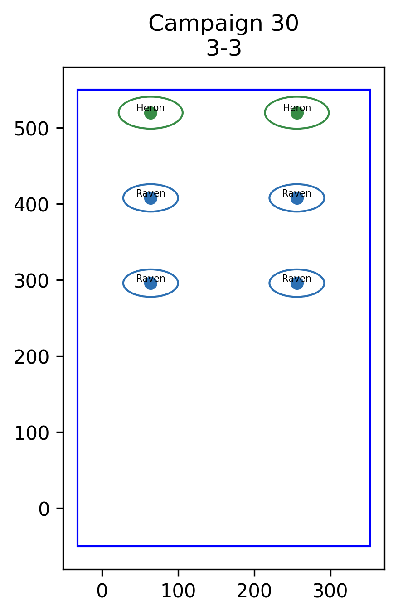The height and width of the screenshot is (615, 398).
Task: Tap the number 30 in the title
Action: pos(285,23)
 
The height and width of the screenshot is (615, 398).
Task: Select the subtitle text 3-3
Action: pos(224,48)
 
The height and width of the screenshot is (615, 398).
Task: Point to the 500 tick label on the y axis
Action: pos(32,129)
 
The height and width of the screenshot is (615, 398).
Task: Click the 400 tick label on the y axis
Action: pos(32,205)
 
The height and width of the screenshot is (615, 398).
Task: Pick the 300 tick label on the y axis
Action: pos(32,281)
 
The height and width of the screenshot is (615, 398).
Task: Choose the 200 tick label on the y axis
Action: pos(32,357)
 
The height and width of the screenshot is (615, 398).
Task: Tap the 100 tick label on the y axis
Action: pos(32,433)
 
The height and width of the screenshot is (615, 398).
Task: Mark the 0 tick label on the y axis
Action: pos(44,509)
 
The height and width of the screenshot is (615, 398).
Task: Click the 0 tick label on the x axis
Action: pos(102,591)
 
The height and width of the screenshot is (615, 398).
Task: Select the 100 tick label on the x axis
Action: pos(178,591)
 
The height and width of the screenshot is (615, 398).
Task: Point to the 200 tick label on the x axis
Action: pos(254,591)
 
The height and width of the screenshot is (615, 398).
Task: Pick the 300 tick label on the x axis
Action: pos(330,591)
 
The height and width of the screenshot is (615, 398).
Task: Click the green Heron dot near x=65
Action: pos(150,113)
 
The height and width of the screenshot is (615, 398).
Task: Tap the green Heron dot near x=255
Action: pos(297,113)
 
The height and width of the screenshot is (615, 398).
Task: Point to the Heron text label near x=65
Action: pos(150,108)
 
